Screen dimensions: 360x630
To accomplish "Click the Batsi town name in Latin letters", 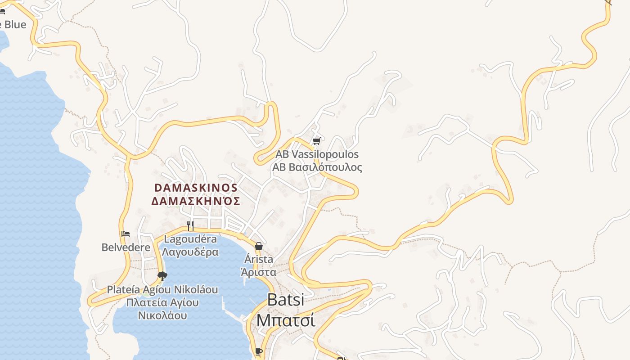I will pyautogui.click(x=286, y=300).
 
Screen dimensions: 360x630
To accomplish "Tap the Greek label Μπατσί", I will pyautogui.click(x=285, y=320).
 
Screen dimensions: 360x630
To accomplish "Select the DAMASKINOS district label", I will pyautogui.click(x=196, y=188).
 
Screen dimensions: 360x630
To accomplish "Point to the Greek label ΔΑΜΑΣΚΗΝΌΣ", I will pyautogui.click(x=196, y=201).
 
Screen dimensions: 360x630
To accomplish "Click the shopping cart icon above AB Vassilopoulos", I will pyautogui.click(x=316, y=141).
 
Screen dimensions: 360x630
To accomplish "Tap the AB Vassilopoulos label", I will pyautogui.click(x=317, y=154).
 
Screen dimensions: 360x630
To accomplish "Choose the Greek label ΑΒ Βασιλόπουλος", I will pyautogui.click(x=317, y=167).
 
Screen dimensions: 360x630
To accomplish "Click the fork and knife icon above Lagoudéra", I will pyautogui.click(x=190, y=225).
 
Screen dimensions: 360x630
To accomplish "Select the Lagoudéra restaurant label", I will pyautogui.click(x=190, y=239).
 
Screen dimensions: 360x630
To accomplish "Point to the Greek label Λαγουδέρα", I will pyautogui.click(x=190, y=252).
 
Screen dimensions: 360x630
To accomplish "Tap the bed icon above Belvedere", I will pyautogui.click(x=126, y=234).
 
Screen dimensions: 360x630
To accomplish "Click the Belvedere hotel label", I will pyautogui.click(x=126, y=247).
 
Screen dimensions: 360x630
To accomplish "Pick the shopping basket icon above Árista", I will pyautogui.click(x=259, y=246).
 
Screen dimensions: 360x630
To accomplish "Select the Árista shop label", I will pyautogui.click(x=259, y=259).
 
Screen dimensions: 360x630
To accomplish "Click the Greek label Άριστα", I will pyautogui.click(x=259, y=272).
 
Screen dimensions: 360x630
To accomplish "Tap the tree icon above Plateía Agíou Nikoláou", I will pyautogui.click(x=162, y=276).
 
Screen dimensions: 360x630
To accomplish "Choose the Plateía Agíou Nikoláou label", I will pyautogui.click(x=162, y=289).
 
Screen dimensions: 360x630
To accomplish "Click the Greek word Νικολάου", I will pyautogui.click(x=162, y=315).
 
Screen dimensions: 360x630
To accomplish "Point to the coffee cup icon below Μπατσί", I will pyautogui.click(x=258, y=351).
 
